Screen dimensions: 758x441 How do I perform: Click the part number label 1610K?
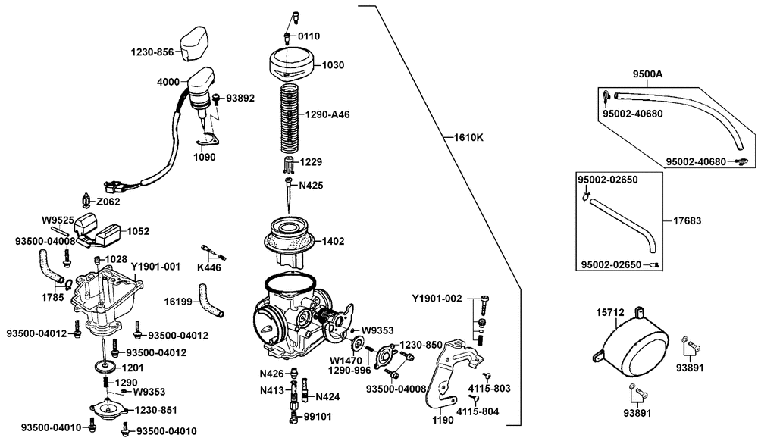tap(468, 138)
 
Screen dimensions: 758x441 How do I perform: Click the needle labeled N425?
tap(289, 195)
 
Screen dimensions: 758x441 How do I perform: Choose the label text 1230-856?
tap(152, 52)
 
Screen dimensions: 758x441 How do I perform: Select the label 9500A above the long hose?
tap(648, 74)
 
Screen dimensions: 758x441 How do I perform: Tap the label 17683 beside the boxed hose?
tap(688, 220)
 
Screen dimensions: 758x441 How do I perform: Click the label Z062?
tap(108, 202)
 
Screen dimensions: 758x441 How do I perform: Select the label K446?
tap(209, 267)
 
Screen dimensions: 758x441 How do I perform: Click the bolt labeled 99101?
tap(293, 418)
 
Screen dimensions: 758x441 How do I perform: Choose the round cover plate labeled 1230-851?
tap(108, 410)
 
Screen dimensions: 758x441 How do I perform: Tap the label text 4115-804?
tap(478, 411)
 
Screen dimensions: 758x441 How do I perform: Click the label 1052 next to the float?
tap(138, 231)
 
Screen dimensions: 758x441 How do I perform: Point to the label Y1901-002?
tap(437, 299)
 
